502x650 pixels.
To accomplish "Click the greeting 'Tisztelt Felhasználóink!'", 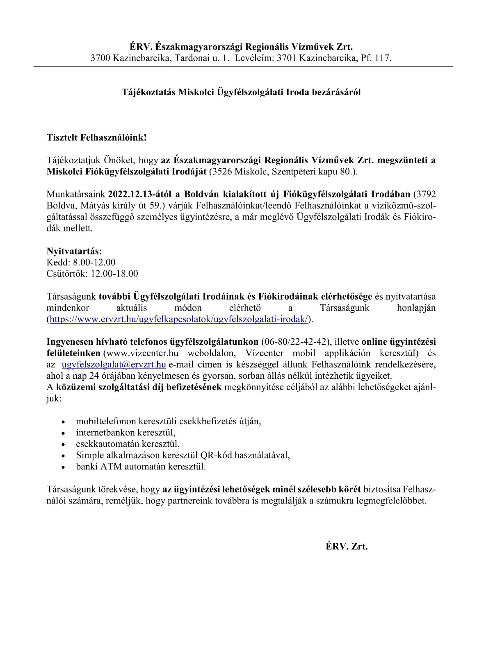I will click(96, 137).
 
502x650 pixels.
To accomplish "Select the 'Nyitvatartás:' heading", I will click(74, 251).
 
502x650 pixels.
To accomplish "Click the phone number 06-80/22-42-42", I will click(295, 342).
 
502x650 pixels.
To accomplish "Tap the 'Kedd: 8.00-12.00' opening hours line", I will click(81, 262).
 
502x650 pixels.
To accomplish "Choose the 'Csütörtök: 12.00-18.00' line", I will click(92, 274).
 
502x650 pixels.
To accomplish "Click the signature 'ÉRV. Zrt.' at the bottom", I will click(347, 547).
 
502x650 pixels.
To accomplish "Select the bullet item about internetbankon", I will click(125, 433).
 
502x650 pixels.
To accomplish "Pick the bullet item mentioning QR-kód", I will click(183, 455).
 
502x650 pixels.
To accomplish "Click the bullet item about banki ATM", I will click(141, 467).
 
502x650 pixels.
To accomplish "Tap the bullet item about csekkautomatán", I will click(128, 444).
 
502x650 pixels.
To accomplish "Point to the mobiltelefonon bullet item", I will click(169, 421).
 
